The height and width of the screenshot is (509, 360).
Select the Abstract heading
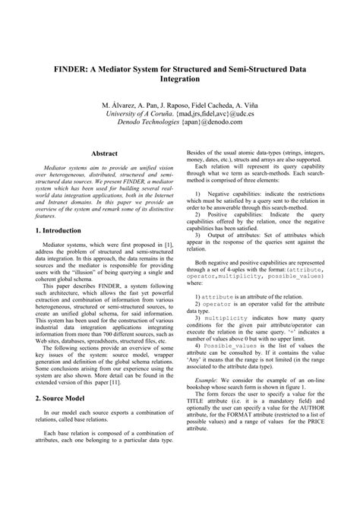[104, 153]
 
